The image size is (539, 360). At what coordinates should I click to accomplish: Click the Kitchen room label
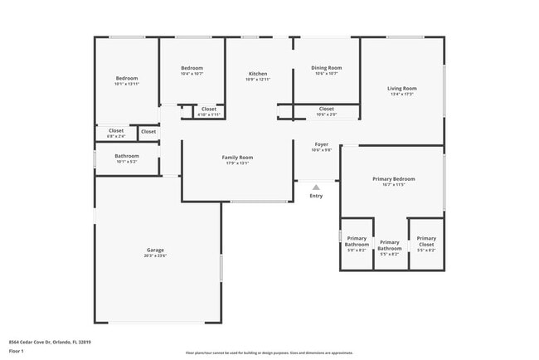coord(258,74)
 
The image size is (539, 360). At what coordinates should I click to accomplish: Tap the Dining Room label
coord(326,68)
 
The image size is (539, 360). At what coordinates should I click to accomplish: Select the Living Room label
coord(403,88)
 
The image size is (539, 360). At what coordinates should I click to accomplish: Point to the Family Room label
coord(237,157)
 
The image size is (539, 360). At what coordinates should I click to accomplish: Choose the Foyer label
coord(321,144)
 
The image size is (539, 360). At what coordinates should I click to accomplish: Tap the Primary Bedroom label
coord(393,178)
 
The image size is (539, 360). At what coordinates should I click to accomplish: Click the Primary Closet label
coord(426,241)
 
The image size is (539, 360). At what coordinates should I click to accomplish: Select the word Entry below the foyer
coord(316,196)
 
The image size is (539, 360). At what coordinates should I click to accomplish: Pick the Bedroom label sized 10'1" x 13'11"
coord(126,79)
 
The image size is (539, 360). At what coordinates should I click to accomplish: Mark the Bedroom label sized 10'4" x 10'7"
coord(192,68)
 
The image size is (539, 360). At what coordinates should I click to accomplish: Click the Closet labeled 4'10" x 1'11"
coord(209,109)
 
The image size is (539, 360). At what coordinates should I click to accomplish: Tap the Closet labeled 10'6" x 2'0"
coord(326,109)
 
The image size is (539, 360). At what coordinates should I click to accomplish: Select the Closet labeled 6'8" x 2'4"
coord(116,130)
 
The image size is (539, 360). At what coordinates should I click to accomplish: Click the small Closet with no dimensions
coord(148,131)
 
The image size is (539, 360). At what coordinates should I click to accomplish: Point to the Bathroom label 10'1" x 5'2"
coord(127,156)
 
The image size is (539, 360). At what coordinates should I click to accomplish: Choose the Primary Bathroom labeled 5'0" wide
coord(357,241)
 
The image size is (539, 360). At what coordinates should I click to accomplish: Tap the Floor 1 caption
coord(16,350)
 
